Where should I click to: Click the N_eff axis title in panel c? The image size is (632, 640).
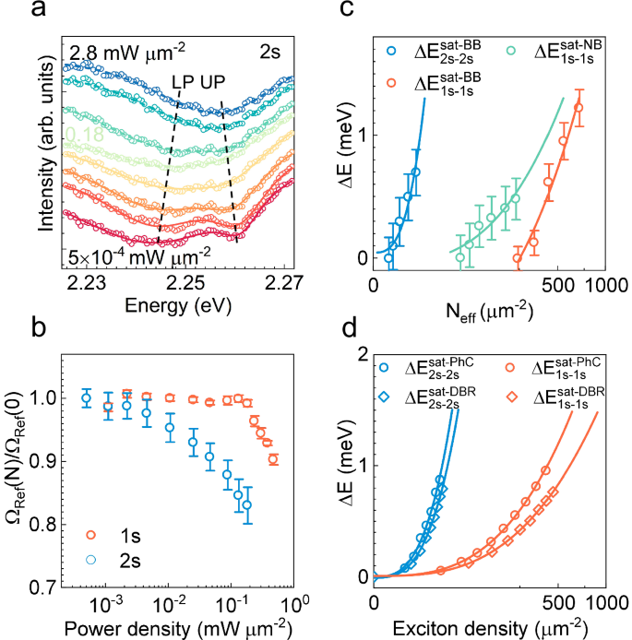tap(486, 311)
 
